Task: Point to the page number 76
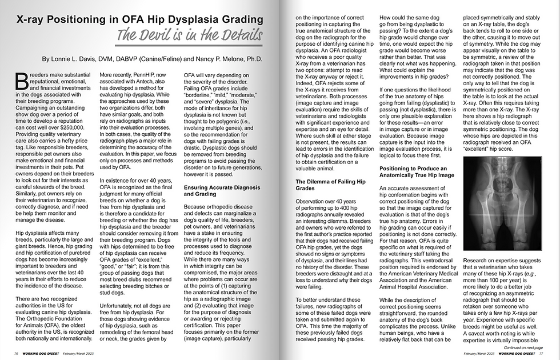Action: point(17,354)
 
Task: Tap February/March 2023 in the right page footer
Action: point(482,354)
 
